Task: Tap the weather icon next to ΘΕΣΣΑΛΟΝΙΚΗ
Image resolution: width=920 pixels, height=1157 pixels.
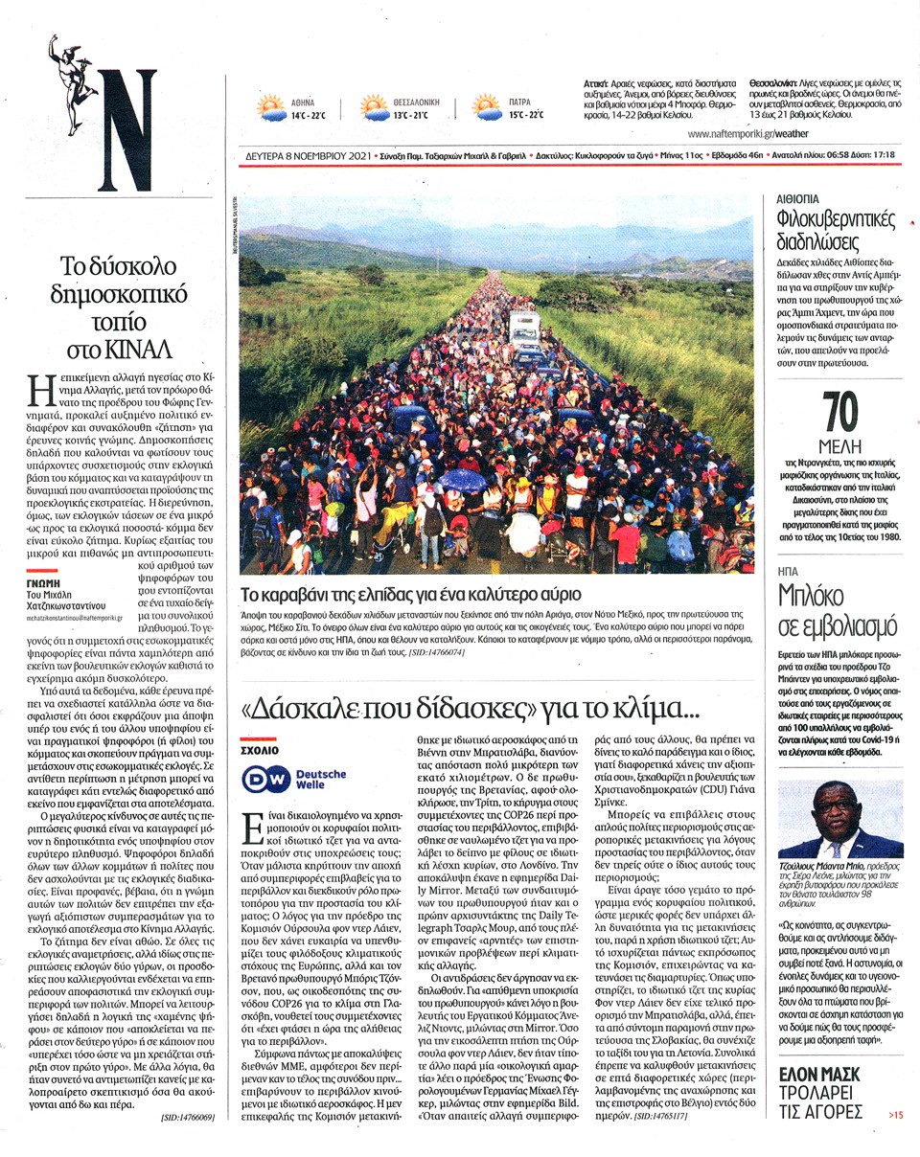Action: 375,107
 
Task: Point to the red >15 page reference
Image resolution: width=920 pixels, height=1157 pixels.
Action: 894,1114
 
